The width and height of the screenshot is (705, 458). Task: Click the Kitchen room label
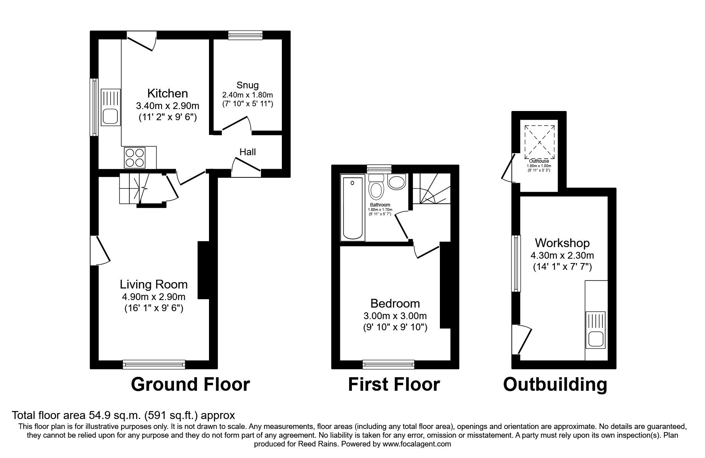(x=167, y=94)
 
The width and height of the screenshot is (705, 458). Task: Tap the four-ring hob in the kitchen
(x=135, y=157)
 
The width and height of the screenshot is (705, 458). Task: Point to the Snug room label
(x=247, y=85)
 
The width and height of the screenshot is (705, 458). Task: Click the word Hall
(x=247, y=152)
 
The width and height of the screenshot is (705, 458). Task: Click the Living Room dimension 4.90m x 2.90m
(x=154, y=297)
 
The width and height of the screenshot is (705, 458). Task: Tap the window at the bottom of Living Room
(x=154, y=364)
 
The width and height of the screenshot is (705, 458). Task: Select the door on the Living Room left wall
(x=100, y=250)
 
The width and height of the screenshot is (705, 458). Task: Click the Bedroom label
(x=395, y=304)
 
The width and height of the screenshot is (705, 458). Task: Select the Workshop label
(x=562, y=243)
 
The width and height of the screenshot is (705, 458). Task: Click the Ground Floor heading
(x=190, y=385)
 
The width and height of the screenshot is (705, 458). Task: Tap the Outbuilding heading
(x=555, y=385)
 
